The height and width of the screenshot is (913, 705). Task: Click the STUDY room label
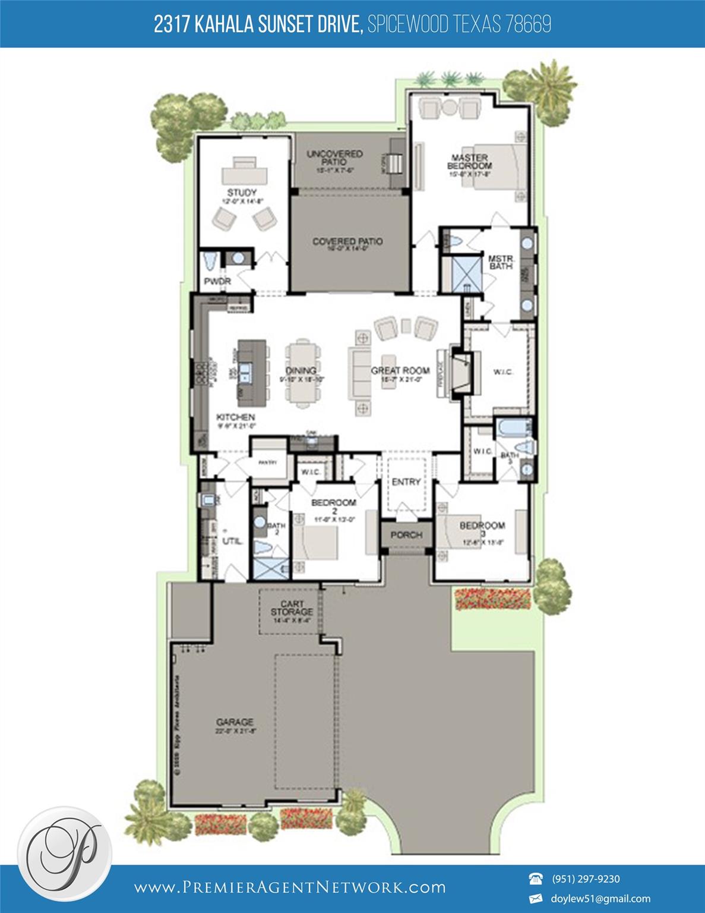pos(242,193)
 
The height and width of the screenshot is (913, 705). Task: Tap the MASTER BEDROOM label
pos(469,162)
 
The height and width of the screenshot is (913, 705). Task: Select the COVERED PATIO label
pos(347,242)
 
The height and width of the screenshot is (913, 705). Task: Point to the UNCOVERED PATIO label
pos(334,158)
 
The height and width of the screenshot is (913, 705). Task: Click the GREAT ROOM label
pos(400,370)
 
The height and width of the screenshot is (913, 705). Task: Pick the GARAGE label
pos(235,722)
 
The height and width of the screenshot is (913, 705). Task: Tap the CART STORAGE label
pos(292,608)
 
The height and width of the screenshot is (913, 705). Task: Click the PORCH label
pos(406,535)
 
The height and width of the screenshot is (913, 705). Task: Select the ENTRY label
pos(406,482)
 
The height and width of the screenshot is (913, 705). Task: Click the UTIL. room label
pos(232,541)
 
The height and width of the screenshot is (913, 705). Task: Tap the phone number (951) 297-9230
pos(586,879)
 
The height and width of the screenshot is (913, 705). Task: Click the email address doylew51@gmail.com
pos(601,899)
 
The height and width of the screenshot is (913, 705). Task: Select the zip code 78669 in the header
pos(528,24)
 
